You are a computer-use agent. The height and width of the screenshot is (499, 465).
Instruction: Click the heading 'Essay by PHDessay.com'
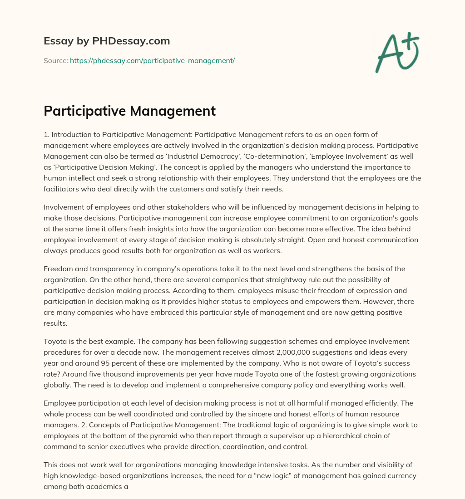click(x=107, y=41)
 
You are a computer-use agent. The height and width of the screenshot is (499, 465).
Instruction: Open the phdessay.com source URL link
click(x=152, y=60)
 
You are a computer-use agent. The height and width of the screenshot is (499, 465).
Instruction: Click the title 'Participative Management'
click(x=129, y=111)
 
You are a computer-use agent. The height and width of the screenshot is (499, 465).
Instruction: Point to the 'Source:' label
click(x=55, y=60)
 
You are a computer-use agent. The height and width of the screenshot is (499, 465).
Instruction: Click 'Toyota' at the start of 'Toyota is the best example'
click(x=54, y=341)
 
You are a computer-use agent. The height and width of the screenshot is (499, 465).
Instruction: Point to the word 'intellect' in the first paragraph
click(x=80, y=178)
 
